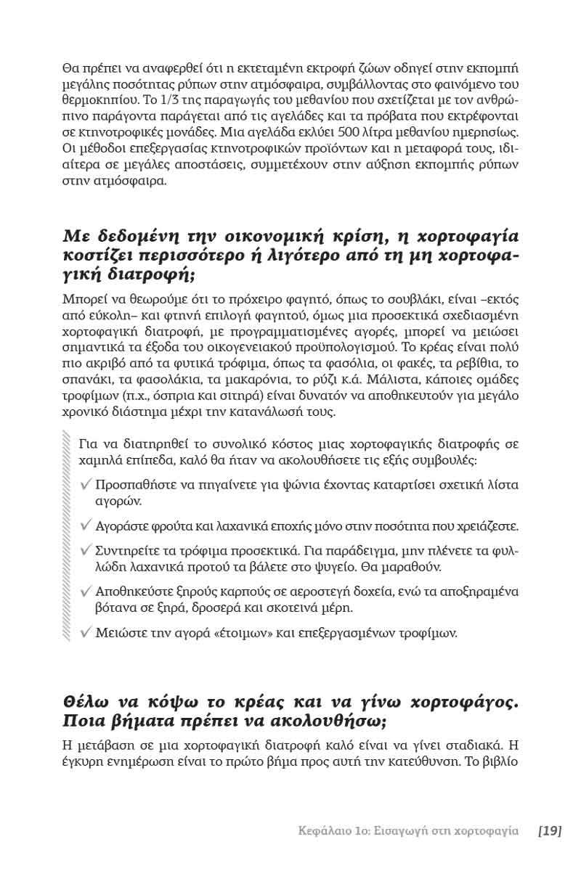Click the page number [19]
[550, 830]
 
